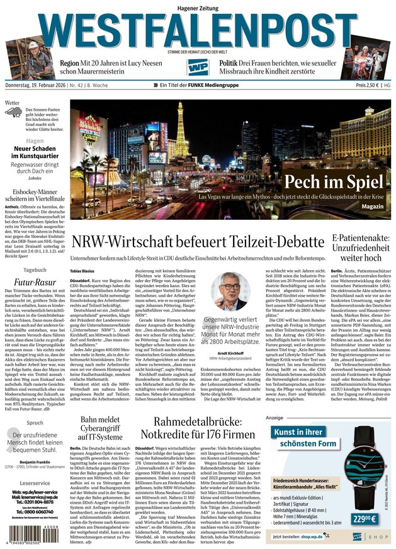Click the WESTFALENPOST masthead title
198,30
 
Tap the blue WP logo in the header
198,67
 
